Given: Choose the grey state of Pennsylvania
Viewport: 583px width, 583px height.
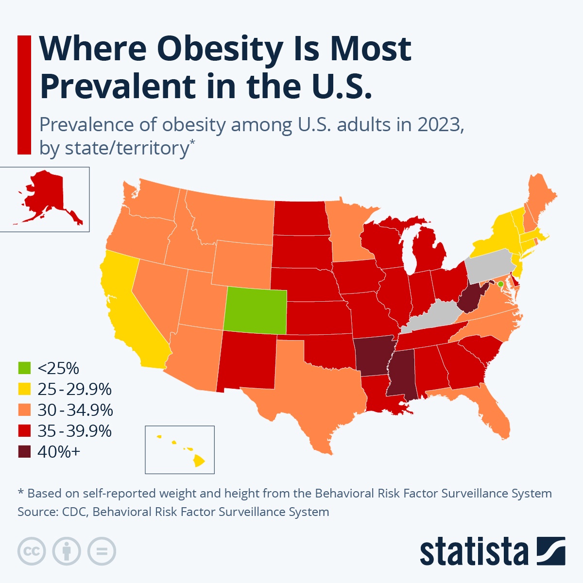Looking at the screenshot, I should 490,266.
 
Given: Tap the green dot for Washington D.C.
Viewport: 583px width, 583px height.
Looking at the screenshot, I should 500,284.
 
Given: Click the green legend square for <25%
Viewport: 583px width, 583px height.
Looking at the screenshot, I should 24,368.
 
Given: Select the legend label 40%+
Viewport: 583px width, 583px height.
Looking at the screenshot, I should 58,452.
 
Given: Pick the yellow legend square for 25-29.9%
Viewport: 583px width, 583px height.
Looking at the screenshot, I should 24,389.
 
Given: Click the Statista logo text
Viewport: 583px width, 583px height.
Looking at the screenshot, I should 474,552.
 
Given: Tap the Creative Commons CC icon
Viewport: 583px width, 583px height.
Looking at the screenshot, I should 32,551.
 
